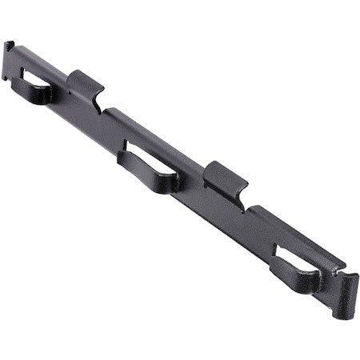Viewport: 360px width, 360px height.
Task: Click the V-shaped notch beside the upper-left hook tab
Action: (101, 109)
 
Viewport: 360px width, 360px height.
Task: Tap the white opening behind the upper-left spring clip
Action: (29, 79)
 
